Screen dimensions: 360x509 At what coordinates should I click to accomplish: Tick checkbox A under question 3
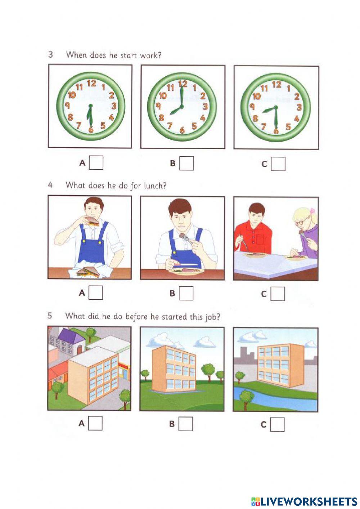(96, 162)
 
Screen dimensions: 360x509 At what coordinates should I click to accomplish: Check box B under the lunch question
(186, 293)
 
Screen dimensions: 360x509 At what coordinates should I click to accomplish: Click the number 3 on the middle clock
(205, 106)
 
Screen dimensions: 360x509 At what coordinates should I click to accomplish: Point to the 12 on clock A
(91, 84)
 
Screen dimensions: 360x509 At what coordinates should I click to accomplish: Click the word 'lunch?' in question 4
(156, 186)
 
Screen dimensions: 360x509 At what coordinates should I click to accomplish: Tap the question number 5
(50, 316)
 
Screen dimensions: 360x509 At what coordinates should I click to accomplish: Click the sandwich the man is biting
(92, 220)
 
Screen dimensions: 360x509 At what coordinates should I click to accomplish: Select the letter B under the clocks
(173, 163)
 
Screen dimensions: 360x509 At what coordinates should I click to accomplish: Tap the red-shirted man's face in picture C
(257, 218)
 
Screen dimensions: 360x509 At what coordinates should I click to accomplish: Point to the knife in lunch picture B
(186, 265)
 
